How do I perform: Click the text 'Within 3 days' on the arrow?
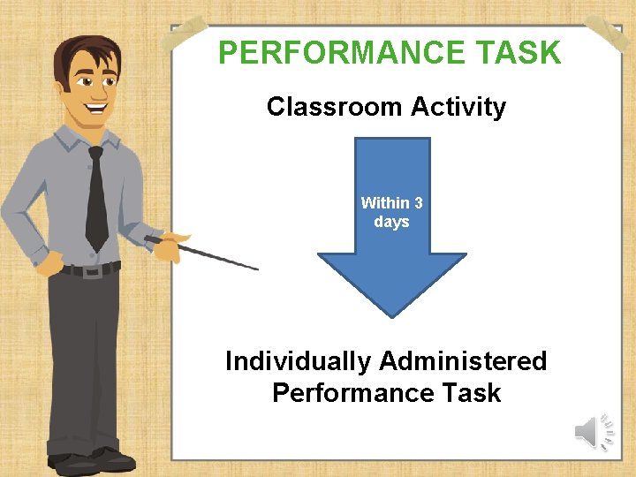pyautogui.click(x=391, y=212)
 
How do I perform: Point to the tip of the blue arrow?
pyautogui.click(x=391, y=315)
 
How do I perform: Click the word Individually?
pyautogui.click(x=299, y=361)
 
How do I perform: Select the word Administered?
pyautogui.click(x=463, y=361)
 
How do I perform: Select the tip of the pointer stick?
pyautogui.click(x=257, y=269)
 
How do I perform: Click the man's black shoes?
pyautogui.click(x=88, y=460)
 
